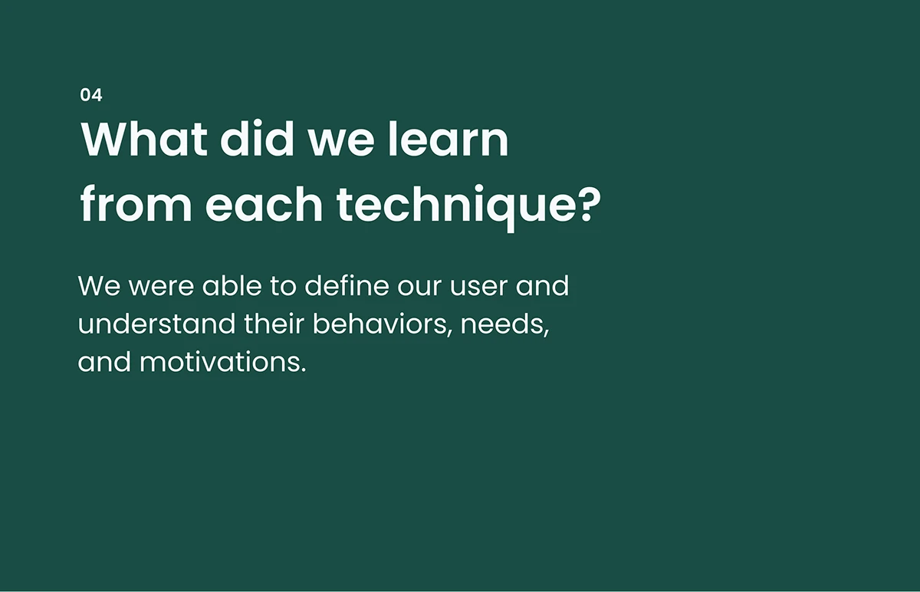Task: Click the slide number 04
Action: pyautogui.click(x=91, y=95)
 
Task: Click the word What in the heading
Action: pyautogui.click(x=144, y=139)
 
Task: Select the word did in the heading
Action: pyautogui.click(x=257, y=139)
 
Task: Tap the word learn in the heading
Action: pyautogui.click(x=449, y=139)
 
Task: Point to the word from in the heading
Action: pyautogui.click(x=136, y=204)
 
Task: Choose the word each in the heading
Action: pyautogui.click(x=264, y=204)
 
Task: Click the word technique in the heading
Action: pyautogui.click(x=457, y=208)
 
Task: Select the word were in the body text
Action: pyautogui.click(x=162, y=286)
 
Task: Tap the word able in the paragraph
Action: pyautogui.click(x=232, y=285)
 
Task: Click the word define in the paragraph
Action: pyautogui.click(x=347, y=285)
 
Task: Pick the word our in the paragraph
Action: pyautogui.click(x=419, y=286)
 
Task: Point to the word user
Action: pyautogui.click(x=479, y=286)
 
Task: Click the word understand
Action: pyautogui.click(x=156, y=324)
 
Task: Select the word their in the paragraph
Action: pyautogui.click(x=274, y=324)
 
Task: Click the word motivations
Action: pyautogui.click(x=223, y=362)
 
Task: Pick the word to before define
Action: pyautogui.click(x=283, y=286)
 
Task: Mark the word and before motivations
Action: pyautogui.click(x=104, y=361)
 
